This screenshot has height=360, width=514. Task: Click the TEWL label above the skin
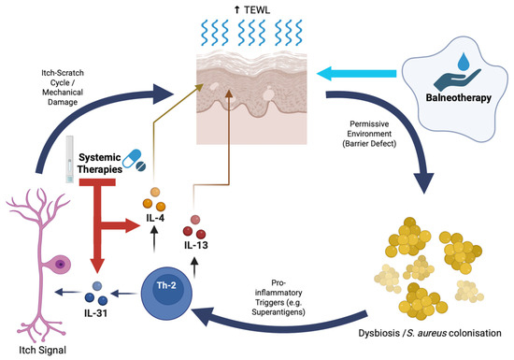coord(252,10)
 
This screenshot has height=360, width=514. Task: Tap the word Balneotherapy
coord(458,97)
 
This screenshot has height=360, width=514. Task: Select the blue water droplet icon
coord(464,63)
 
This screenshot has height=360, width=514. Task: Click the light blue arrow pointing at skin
coord(357,73)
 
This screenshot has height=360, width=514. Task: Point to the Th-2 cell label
coord(166,285)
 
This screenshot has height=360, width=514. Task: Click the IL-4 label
coord(155,218)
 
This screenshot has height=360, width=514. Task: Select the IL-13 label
coord(196,245)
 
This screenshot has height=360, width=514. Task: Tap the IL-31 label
coord(95,313)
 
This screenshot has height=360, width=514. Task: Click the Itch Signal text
coord(43,350)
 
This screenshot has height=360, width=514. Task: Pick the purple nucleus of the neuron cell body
coord(61,264)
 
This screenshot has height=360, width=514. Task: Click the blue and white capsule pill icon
coord(132,158)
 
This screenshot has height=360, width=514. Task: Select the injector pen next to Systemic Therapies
coord(69,159)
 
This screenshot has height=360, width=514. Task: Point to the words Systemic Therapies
coord(100,164)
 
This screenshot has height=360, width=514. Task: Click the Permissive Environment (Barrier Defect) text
coord(369,134)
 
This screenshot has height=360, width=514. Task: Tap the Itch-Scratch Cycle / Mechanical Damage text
coord(63,87)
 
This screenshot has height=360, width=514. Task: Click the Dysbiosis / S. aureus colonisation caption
coord(430,333)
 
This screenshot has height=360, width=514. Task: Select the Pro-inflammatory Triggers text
coord(278,297)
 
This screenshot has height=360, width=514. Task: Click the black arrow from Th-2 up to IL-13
coord(194,267)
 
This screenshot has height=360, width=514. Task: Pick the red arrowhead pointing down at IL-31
coord(97,266)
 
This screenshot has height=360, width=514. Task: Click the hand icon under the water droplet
coord(458,79)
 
